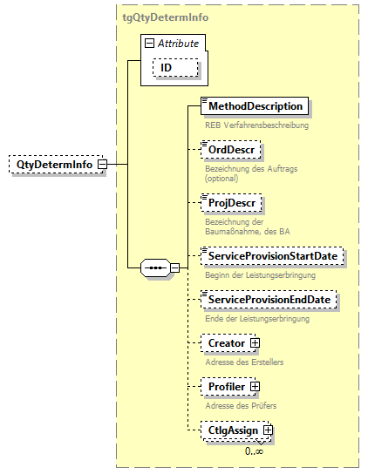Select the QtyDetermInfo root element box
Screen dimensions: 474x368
(x=52, y=164)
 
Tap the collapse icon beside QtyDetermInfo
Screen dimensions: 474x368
(x=102, y=164)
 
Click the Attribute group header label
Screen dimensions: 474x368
(x=178, y=43)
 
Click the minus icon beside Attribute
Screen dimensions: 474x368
(x=150, y=43)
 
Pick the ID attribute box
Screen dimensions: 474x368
(x=176, y=67)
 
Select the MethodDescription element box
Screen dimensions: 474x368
(x=255, y=106)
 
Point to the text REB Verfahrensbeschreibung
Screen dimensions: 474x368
(x=256, y=125)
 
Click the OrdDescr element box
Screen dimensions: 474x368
(x=230, y=151)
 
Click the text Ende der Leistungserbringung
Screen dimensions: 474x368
(x=256, y=319)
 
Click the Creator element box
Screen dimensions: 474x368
(x=225, y=343)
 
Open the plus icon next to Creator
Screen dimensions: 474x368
(x=255, y=343)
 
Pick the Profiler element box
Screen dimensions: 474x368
(x=225, y=386)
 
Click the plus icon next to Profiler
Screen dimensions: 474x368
(x=255, y=386)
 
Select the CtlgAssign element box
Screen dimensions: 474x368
(x=231, y=430)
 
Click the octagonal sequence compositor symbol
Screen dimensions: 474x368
(x=156, y=267)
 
